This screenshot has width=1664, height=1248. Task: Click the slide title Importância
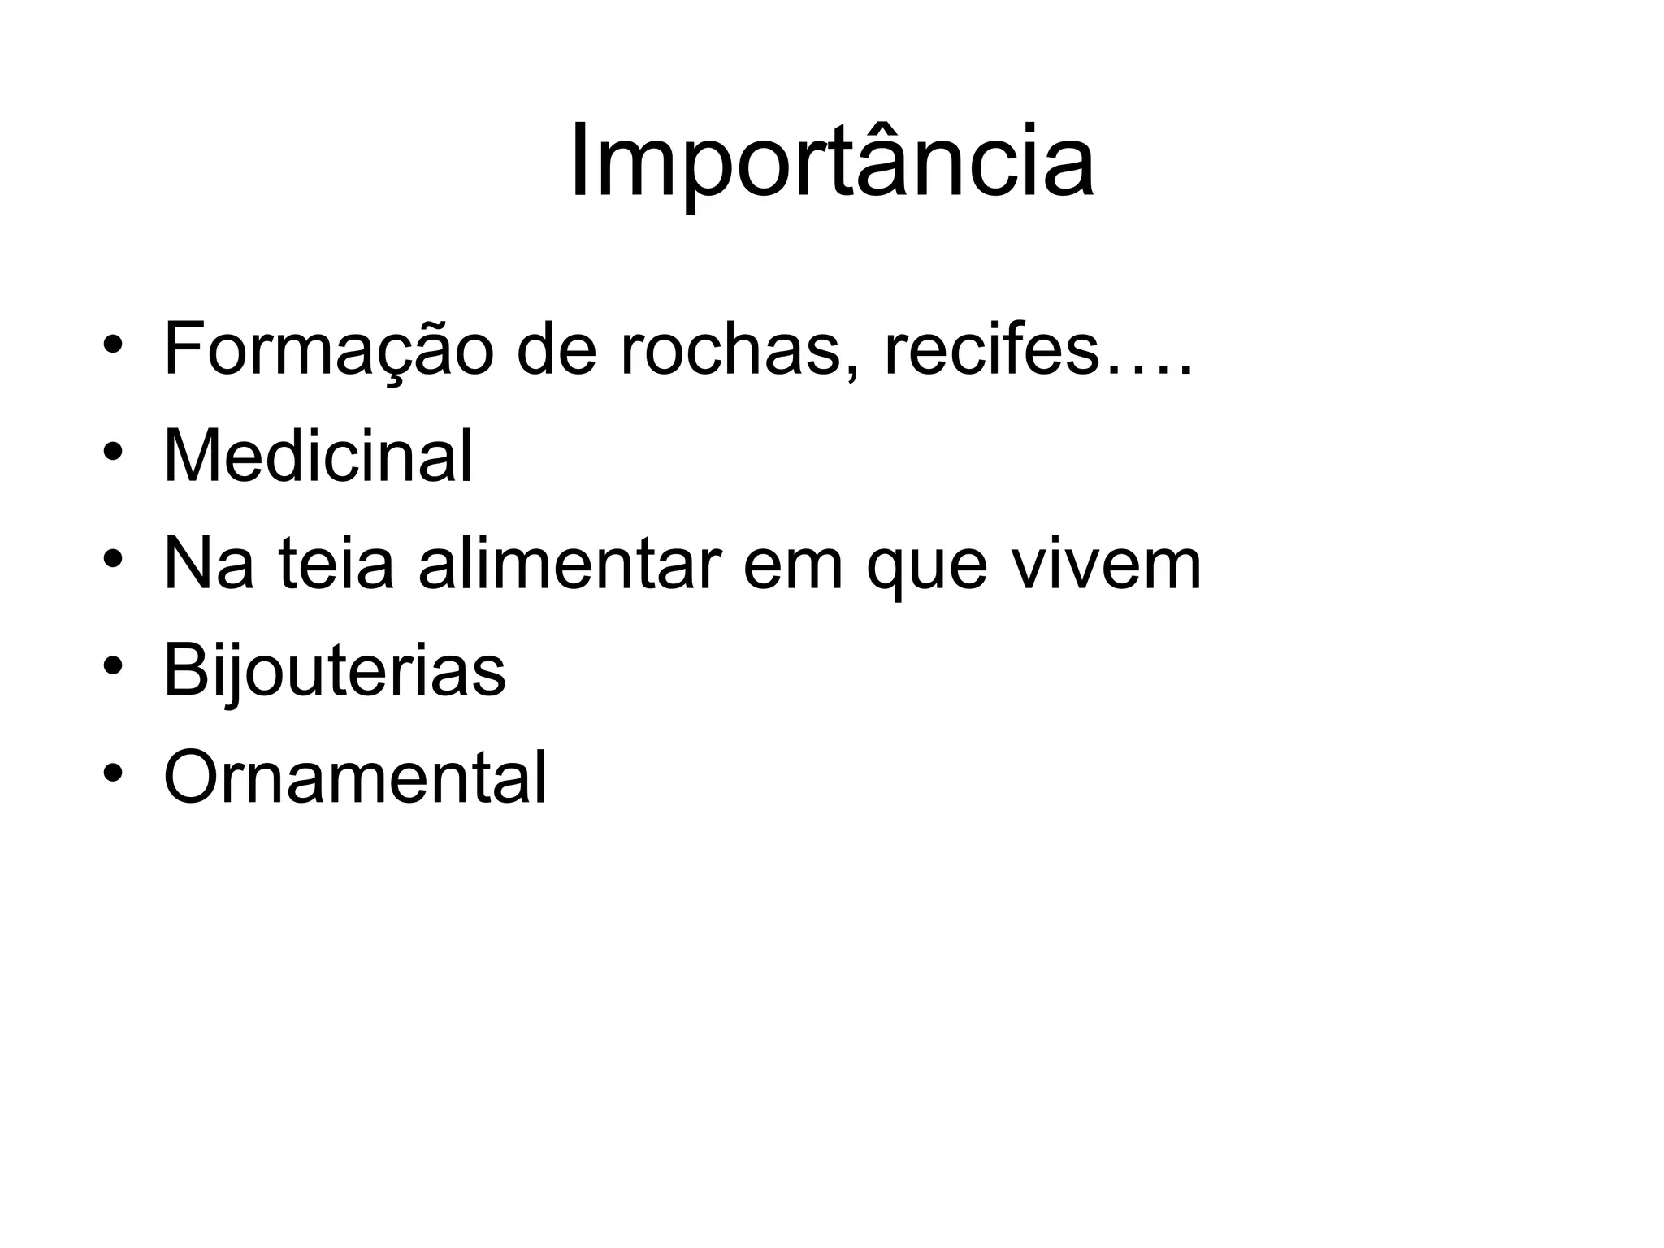click(831, 162)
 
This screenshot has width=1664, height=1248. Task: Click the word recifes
click(990, 350)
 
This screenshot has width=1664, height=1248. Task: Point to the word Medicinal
click(318, 457)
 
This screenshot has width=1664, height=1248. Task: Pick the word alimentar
click(570, 564)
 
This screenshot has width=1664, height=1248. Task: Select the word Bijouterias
click(334, 671)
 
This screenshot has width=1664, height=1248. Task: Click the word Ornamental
click(355, 778)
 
